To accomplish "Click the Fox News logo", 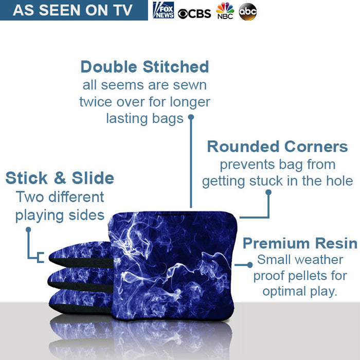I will click(x=164, y=10).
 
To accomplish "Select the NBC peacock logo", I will click(x=225, y=11).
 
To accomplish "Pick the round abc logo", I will click(x=248, y=11).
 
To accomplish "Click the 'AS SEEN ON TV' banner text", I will click(x=73, y=10).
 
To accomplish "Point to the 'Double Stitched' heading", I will click(x=145, y=67).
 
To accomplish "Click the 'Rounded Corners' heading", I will click(x=277, y=147).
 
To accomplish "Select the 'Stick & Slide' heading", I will click(x=60, y=178).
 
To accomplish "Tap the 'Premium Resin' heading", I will click(x=300, y=243).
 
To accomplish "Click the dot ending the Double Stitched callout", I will click(x=191, y=117).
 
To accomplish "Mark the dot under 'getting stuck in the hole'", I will click(x=268, y=192).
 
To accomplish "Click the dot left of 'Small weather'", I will click(x=250, y=264).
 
